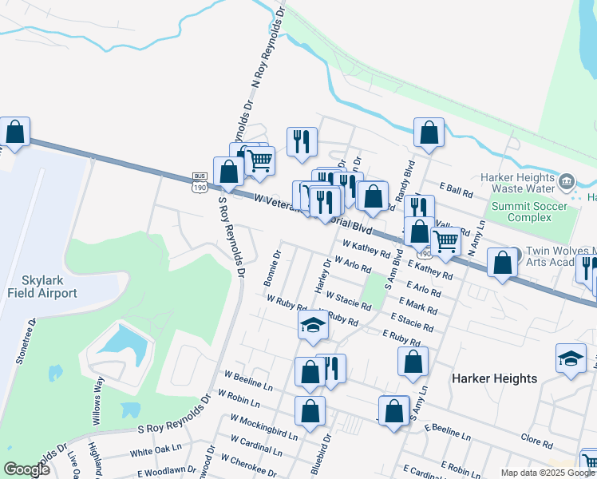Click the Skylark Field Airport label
point(42,287)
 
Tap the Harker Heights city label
point(494,378)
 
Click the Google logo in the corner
point(26,469)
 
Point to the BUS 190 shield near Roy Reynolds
point(200,183)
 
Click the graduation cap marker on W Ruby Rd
point(314,324)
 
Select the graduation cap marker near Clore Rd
point(571,358)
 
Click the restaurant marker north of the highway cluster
point(302,141)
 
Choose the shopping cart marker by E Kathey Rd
point(445,240)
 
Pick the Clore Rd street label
point(536,440)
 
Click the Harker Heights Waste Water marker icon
point(567,182)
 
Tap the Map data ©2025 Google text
point(548,473)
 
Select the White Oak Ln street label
point(151,450)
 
